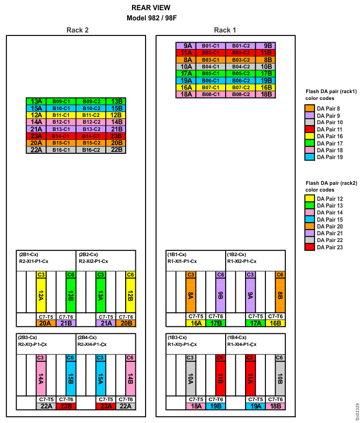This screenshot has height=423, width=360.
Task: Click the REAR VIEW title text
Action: [x=150, y=8]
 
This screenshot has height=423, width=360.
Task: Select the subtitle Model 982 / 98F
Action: [x=150, y=18]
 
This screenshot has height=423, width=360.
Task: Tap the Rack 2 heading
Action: [x=77, y=30]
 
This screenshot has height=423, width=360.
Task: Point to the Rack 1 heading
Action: [x=225, y=30]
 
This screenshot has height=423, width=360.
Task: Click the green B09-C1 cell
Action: [x=62, y=101]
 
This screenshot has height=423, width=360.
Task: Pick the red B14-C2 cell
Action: [x=91, y=136]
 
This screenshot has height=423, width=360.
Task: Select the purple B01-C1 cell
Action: [x=211, y=46]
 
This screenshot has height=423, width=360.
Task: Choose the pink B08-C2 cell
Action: [x=240, y=95]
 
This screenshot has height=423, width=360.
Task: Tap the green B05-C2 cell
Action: [x=240, y=74]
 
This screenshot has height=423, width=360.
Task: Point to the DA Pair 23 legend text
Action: [x=329, y=247]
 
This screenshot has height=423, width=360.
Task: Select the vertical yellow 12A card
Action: [x=41, y=295]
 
